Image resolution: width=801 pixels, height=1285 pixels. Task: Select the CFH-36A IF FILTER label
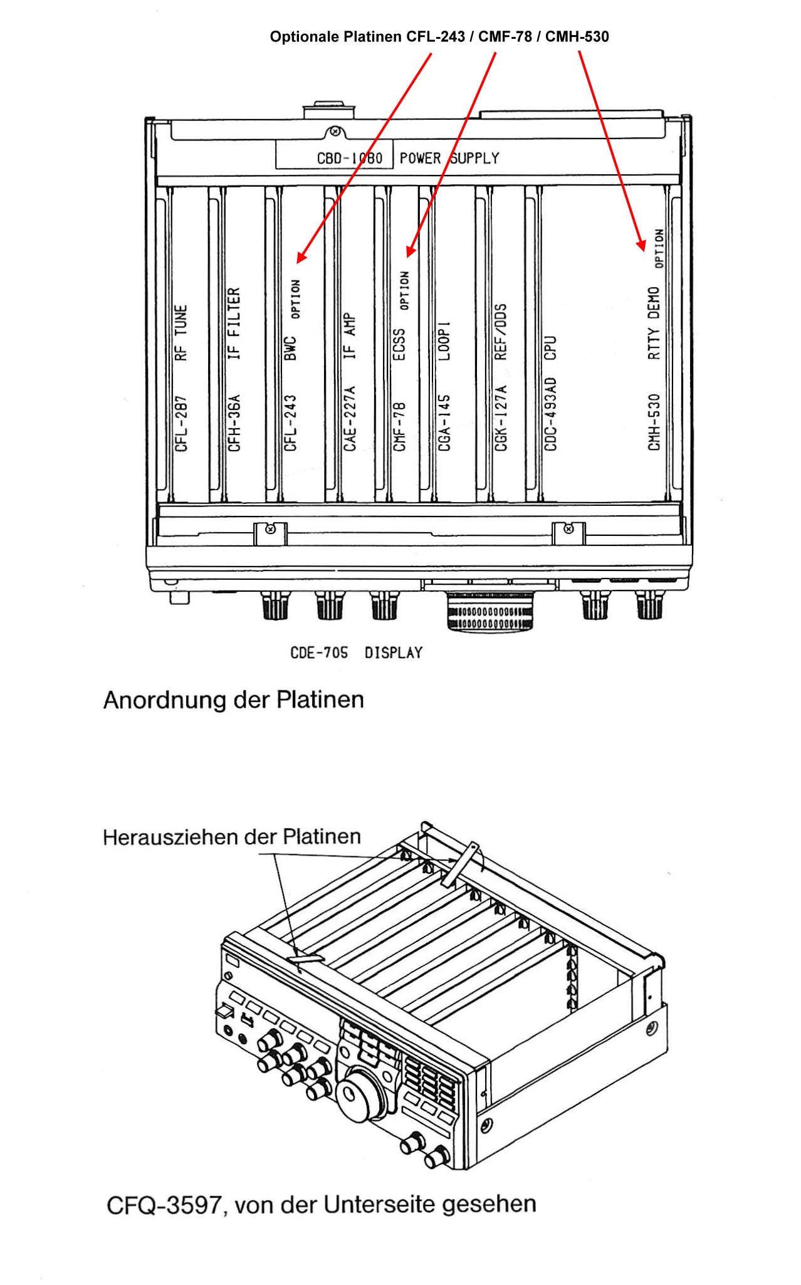(234, 370)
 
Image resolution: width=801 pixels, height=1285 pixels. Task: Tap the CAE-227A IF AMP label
(350, 382)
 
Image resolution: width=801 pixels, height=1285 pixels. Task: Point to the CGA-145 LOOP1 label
(444, 387)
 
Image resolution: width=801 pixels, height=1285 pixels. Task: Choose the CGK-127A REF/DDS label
(501, 378)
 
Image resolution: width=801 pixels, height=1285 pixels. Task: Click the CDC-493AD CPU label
(550, 394)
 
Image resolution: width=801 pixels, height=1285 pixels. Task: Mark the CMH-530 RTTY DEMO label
(654, 369)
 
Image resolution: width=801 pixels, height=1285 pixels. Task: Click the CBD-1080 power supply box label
(350, 158)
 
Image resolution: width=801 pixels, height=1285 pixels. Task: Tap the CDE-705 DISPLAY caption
(356, 653)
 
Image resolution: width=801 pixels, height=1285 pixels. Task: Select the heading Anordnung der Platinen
(234, 700)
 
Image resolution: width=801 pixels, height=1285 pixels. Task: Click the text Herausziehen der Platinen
(232, 837)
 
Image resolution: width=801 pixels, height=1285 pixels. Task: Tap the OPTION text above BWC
(296, 299)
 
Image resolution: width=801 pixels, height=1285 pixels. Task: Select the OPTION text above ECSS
(405, 290)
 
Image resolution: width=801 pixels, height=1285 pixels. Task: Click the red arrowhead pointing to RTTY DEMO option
(641, 244)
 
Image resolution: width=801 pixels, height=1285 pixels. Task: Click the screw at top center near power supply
(336, 132)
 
